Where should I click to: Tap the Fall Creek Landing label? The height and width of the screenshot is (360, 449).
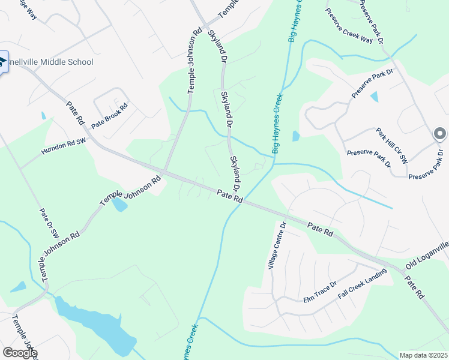coord(362,284)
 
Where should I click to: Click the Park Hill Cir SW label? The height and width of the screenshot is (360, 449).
coord(392,146)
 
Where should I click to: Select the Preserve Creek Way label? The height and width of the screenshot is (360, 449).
coord(349,26)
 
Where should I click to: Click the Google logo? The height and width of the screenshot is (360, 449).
coord(20,352)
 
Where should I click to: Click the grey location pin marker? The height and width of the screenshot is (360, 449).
coord(439,134)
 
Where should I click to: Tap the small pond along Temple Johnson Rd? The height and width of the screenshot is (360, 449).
coord(119,205)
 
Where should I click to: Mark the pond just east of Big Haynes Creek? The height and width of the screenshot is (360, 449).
coord(295,136)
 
